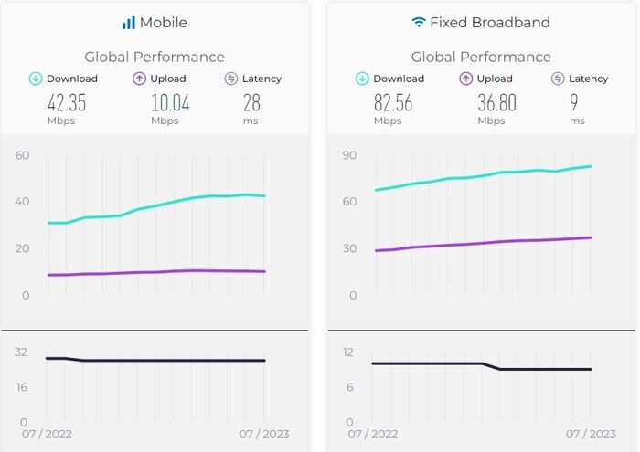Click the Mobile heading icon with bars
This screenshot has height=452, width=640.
click(x=129, y=22)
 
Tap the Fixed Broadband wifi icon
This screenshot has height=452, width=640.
click(x=419, y=22)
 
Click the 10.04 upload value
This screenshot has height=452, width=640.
click(x=170, y=102)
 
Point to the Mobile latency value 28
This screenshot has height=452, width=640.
click(x=251, y=102)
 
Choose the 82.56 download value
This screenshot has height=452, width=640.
click(x=392, y=102)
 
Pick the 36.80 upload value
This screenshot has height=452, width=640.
click(x=496, y=102)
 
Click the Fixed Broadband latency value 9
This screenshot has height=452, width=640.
click(x=577, y=102)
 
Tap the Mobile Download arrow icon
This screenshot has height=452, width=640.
click(x=36, y=79)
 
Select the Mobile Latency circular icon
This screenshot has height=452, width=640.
click(x=231, y=79)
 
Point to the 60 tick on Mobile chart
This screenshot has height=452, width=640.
click(x=23, y=155)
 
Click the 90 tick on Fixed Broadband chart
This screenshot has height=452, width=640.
click(x=349, y=155)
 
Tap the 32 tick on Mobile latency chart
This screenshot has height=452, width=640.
click(x=22, y=352)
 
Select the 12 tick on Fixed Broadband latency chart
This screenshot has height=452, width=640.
click(x=348, y=352)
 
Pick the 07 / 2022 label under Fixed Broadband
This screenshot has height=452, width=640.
click(x=372, y=434)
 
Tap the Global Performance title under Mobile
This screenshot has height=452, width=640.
click(x=155, y=57)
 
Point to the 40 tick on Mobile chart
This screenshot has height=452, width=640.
click(x=23, y=202)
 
